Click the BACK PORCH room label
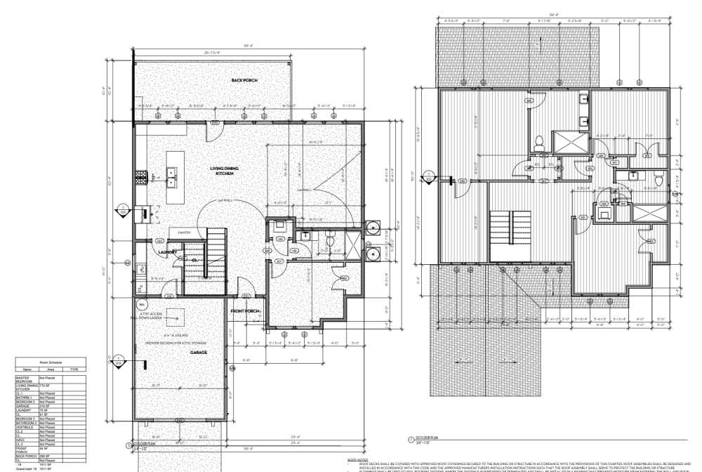[244, 81]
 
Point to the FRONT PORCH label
[246, 310]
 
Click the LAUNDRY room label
[166, 251]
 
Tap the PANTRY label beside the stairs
[184, 232]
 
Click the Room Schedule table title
[51, 362]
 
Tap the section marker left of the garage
[121, 361]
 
